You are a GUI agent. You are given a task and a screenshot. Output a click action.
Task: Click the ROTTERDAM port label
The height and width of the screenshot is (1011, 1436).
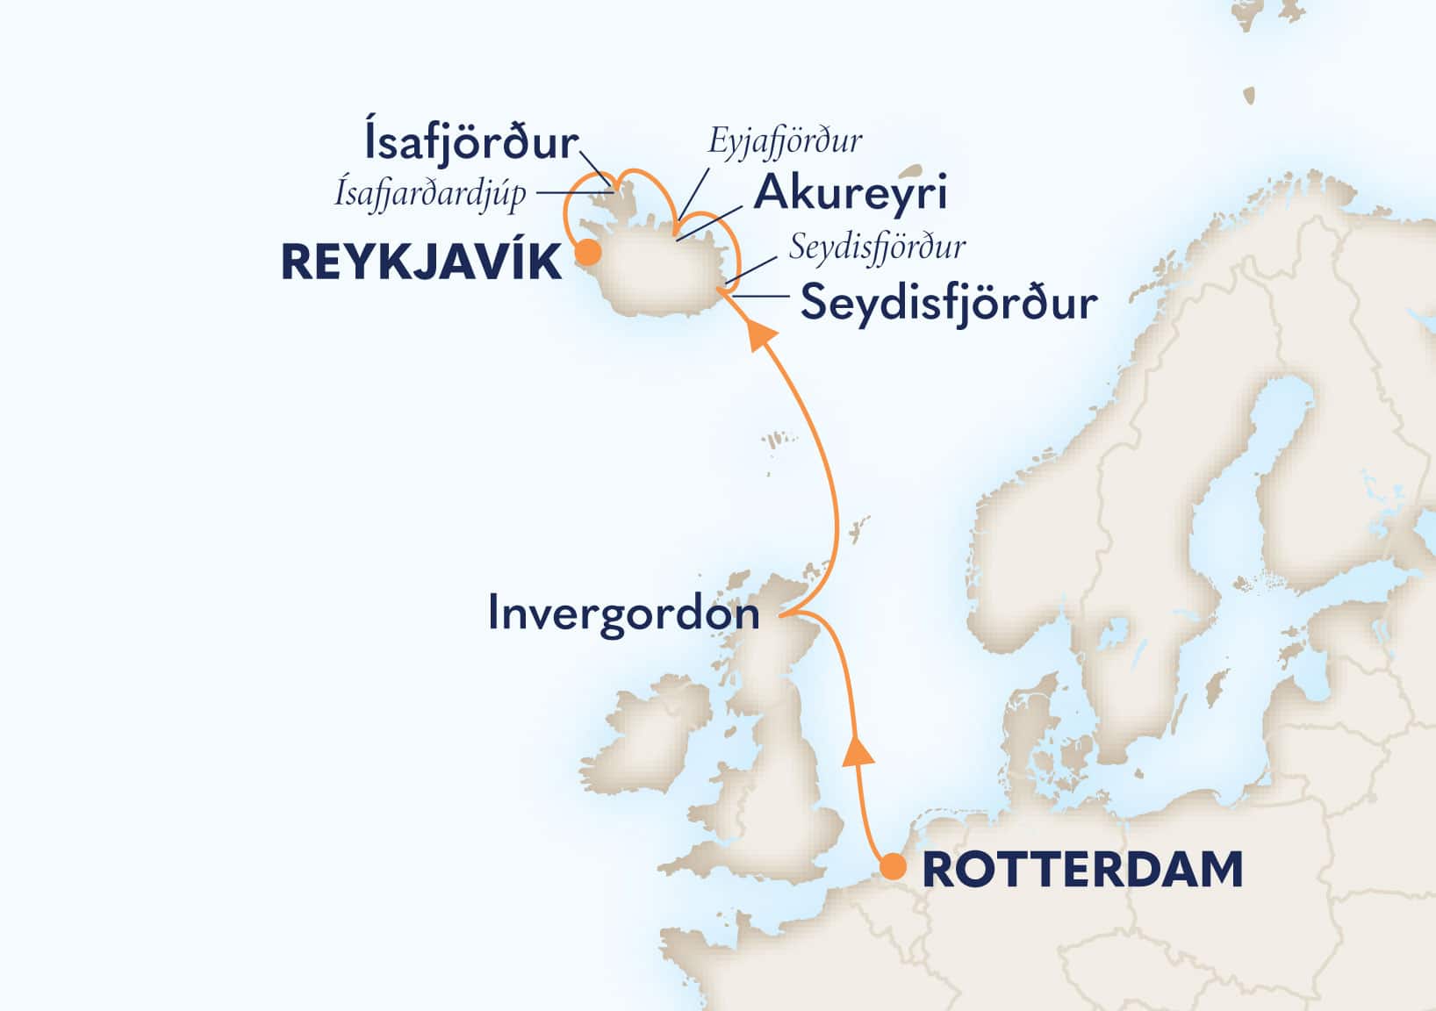[1083, 870]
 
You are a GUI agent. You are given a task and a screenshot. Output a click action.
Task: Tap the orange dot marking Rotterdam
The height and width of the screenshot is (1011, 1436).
[894, 867]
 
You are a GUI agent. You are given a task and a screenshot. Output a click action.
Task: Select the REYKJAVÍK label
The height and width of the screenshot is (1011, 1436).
[421, 263]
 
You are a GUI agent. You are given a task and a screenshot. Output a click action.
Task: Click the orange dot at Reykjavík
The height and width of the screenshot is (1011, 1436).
[587, 255]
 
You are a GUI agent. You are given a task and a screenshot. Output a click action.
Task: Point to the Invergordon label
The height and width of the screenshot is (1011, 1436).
[623, 613]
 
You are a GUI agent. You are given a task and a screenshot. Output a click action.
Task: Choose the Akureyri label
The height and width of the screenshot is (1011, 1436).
[851, 193]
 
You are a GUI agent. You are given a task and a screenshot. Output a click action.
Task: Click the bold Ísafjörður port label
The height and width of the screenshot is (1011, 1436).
[470, 142]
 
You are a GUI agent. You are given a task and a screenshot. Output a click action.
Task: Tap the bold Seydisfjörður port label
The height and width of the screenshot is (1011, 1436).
[949, 304]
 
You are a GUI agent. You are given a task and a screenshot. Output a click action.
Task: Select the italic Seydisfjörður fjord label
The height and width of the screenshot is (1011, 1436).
[877, 247]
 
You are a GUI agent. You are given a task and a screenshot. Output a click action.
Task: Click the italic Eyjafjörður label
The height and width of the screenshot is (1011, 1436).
[785, 140]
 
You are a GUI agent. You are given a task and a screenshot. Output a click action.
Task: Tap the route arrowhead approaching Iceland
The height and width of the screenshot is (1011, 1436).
[759, 333]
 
